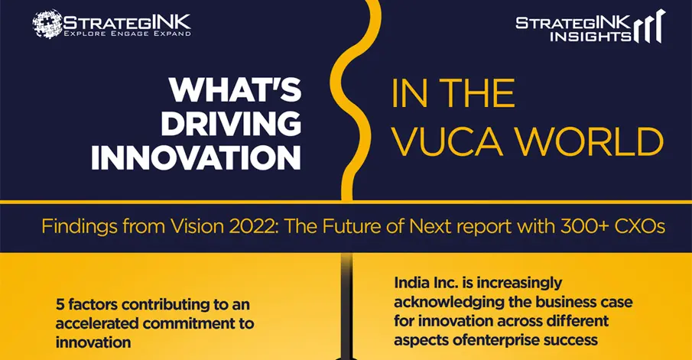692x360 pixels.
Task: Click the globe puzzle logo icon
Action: click(x=47, y=24)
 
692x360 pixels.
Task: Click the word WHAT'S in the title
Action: click(x=236, y=90)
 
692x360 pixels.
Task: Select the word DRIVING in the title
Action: click(x=231, y=124)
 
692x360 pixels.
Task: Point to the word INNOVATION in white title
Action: click(x=196, y=157)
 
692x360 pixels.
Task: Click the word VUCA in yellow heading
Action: click(x=447, y=142)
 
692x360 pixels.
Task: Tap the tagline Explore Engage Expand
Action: click(x=128, y=34)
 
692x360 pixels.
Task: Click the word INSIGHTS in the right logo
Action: click(x=590, y=36)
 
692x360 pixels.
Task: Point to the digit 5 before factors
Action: click(x=60, y=304)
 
